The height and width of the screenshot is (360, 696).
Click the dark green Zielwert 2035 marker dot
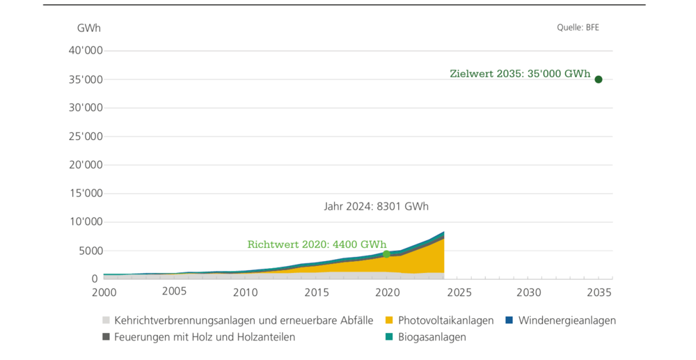(598, 79)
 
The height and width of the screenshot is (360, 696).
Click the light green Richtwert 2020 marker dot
(387, 254)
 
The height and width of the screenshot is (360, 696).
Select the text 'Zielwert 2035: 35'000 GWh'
(520, 73)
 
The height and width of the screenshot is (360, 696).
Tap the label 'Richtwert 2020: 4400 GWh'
(317, 244)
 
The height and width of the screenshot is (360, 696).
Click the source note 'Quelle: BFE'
(578, 28)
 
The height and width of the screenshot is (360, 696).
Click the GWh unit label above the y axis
(88, 29)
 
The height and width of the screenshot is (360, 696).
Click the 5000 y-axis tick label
(89, 251)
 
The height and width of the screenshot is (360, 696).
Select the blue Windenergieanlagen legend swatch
(509, 321)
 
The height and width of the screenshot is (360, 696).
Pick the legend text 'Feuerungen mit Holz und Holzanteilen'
(205, 337)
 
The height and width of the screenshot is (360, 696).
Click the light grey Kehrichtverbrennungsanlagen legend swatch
(106, 321)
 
